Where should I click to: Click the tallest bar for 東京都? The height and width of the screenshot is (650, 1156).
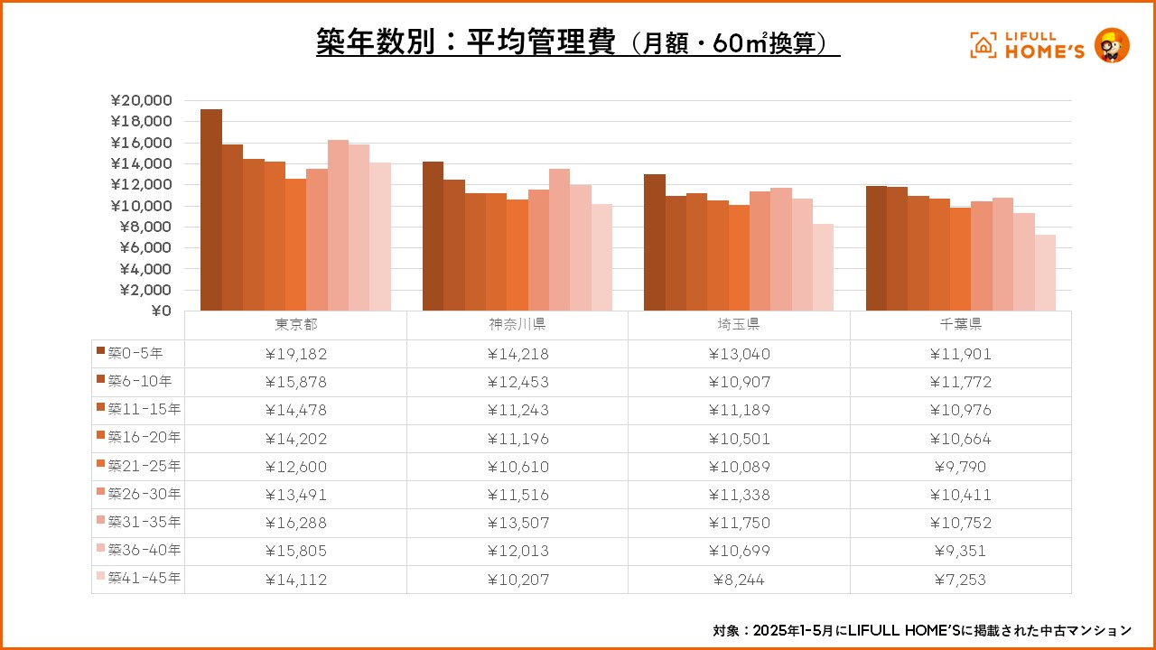pos(210,210)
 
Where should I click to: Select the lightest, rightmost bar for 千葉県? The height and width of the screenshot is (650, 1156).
pos(1045,273)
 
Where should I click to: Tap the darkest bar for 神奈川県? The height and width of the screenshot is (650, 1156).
pos(433,237)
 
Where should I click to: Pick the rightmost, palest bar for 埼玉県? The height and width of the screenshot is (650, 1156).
pos(823,267)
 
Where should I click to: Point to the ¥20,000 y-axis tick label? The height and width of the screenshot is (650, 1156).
pos(140,100)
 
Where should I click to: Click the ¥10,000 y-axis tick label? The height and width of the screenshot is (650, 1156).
pos(140,206)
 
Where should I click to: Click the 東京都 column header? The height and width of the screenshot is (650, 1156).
pos(296,325)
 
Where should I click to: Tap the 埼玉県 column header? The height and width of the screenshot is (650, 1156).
pos(740,325)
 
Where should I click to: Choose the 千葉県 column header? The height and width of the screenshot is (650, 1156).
pos(961,325)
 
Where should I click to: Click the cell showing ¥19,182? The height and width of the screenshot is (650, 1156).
pos(296,354)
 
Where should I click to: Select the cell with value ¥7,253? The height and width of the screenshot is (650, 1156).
pos(961,580)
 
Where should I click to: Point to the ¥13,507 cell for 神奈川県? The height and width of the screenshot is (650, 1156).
pos(517,523)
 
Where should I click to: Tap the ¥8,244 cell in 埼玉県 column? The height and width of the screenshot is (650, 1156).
pos(740,580)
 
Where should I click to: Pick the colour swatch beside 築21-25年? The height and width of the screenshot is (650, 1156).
pos(99,466)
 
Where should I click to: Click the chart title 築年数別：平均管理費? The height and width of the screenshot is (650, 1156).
pos(465,42)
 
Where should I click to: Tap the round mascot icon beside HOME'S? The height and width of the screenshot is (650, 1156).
pos(1112,45)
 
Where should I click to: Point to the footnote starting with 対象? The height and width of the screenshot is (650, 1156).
pos(921,629)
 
